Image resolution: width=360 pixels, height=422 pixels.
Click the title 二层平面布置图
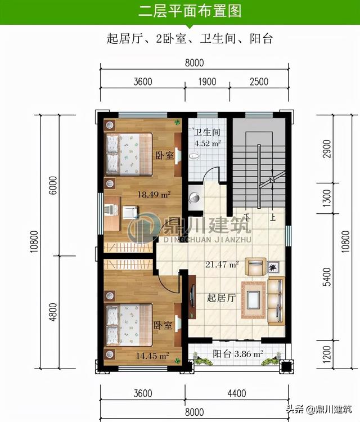pyautogui.click(x=190, y=11)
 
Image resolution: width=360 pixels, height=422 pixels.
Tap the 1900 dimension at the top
pyautogui.click(x=207, y=82)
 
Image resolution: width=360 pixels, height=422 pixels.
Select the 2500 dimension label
pyautogui.click(x=259, y=82)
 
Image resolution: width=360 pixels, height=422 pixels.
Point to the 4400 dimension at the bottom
pyautogui.click(x=237, y=393)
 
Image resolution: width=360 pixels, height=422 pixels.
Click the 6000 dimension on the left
pyautogui.click(x=53, y=185)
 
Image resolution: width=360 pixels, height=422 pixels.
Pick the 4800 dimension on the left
pyautogui.click(x=53, y=312)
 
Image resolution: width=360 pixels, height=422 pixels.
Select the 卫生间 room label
pyautogui.click(x=207, y=132)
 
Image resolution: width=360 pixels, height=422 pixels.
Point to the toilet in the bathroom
pyautogui.click(x=194, y=156)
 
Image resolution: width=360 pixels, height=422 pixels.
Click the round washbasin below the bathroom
pyautogui.click(x=195, y=198)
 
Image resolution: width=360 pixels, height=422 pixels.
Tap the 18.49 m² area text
pyautogui.click(x=154, y=194)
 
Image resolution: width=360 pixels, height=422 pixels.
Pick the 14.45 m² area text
pyautogui.click(x=152, y=356)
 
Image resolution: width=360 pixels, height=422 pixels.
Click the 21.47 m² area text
pyautogui.click(x=222, y=264)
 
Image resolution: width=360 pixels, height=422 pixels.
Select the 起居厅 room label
pyautogui.click(x=221, y=298)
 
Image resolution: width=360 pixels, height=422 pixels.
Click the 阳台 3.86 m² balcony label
pyautogui.click(x=238, y=354)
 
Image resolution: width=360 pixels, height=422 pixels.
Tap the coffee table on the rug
pyautogui.click(x=254, y=299)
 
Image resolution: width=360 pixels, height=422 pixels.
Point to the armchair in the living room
pyautogui.click(x=255, y=267)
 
